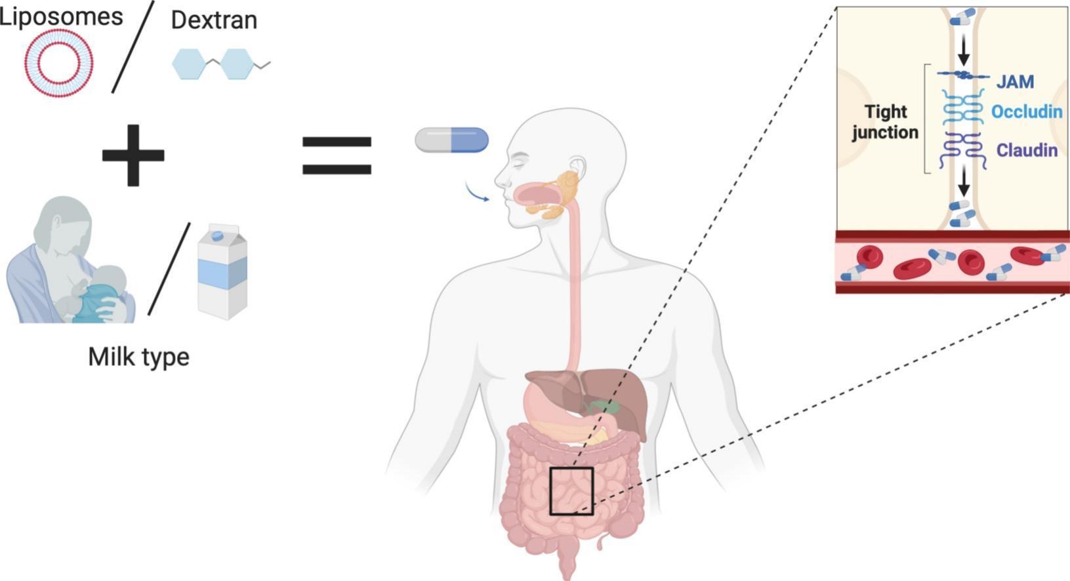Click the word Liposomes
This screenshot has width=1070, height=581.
(x=61, y=16)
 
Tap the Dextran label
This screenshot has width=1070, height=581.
(x=214, y=20)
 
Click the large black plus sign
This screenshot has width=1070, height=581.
(x=133, y=155)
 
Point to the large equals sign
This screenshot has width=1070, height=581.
(x=337, y=155)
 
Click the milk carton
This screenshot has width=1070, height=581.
(x=222, y=271)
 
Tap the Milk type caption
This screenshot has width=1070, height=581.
(x=138, y=357)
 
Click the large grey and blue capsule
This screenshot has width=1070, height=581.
(x=451, y=140)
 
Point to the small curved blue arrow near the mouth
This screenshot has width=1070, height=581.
(x=477, y=193)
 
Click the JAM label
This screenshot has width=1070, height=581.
(x=1015, y=82)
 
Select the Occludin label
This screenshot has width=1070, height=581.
(x=1026, y=112)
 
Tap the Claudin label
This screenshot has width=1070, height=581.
(x=1027, y=151)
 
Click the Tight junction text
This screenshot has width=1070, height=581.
(x=885, y=122)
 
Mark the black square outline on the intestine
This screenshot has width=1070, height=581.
(x=571, y=491)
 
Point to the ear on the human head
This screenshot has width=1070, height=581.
(x=577, y=167)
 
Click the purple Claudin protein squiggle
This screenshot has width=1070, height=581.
(x=962, y=151)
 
